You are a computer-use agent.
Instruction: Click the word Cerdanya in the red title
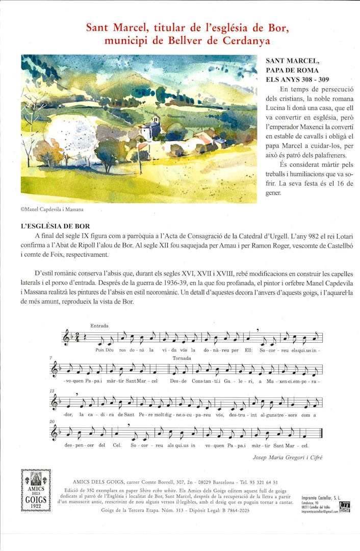pyautogui.click(x=247, y=41)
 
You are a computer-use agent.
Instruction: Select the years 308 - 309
pyautogui.click(x=311, y=80)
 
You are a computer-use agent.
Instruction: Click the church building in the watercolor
pyautogui.click(x=151, y=129)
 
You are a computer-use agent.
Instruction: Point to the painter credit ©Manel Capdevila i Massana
pyautogui.click(x=52, y=209)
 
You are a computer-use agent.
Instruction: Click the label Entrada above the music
pyautogui.click(x=99, y=325)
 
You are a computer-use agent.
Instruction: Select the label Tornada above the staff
pyautogui.click(x=182, y=358)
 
